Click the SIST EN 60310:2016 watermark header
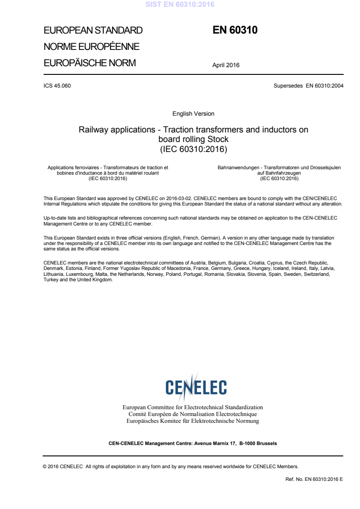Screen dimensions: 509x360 [180, 5]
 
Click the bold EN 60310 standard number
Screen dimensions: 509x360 [235, 30]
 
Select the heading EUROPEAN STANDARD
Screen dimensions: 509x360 [93, 31]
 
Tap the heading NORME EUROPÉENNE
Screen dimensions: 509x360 [91, 47]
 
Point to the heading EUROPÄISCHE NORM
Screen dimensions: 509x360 [89, 63]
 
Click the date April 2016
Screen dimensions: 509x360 [226, 65]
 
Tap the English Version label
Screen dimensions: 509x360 [193, 114]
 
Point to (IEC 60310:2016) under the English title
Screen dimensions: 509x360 [193, 148]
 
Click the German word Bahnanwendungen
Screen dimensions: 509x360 [238, 168]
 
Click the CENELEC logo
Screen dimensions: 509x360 [196, 387]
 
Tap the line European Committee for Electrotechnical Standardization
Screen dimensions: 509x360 [193, 407]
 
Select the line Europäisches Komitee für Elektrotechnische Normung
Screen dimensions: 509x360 [193, 421]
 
